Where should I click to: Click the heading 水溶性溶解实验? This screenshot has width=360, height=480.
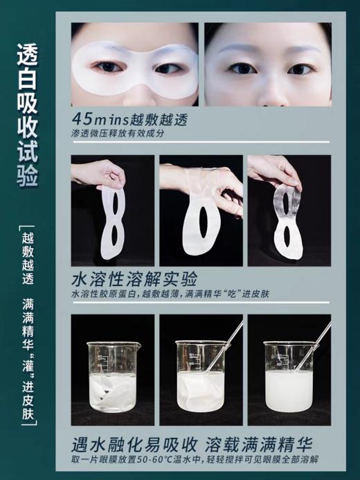point(135,280)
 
